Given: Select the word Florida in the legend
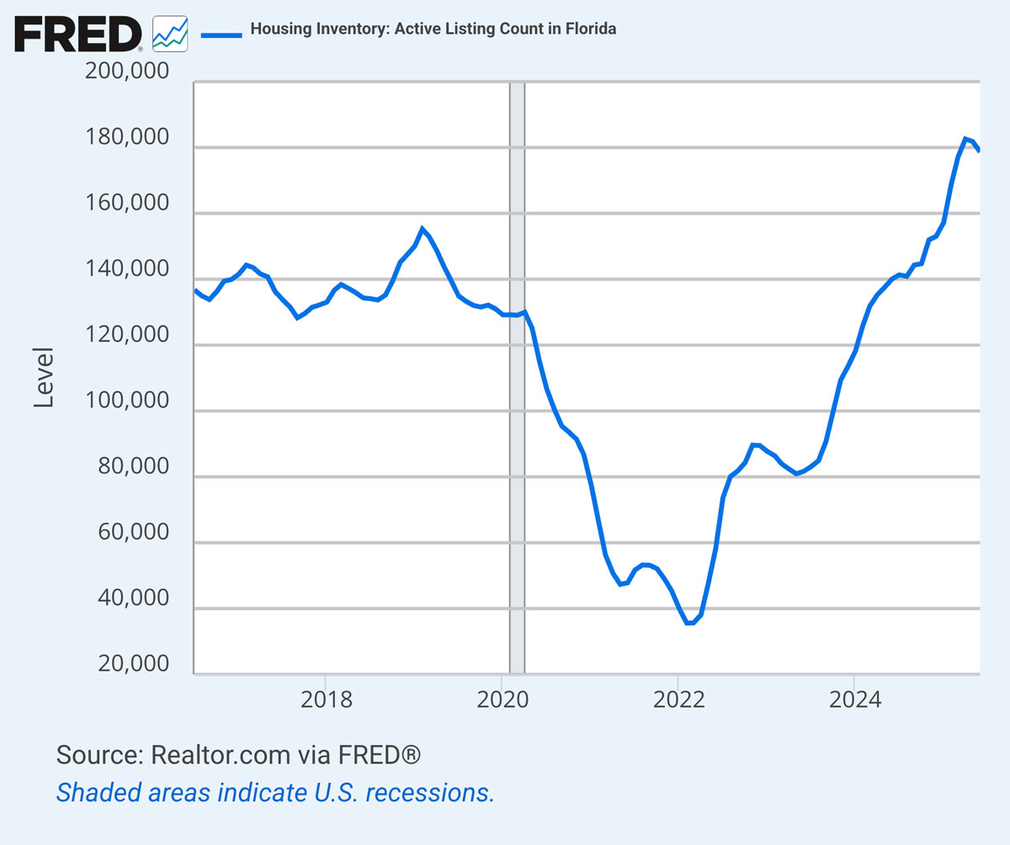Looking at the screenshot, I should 592,29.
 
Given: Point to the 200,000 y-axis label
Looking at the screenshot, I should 127,72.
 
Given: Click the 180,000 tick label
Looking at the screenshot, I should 127,138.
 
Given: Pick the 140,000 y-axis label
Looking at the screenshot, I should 127,270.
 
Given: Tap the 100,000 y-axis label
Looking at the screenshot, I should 127,401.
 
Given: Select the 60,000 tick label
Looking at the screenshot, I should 127,534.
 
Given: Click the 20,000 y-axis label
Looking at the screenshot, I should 127,665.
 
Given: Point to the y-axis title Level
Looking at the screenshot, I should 44,377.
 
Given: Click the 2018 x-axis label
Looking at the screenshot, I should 325,700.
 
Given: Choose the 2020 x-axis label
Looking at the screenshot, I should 502,700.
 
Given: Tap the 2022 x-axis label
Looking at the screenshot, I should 678,700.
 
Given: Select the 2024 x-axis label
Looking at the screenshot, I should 853,700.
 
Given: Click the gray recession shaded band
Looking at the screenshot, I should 517,379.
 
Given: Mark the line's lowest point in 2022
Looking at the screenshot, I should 690,623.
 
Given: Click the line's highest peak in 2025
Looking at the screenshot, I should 965,139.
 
